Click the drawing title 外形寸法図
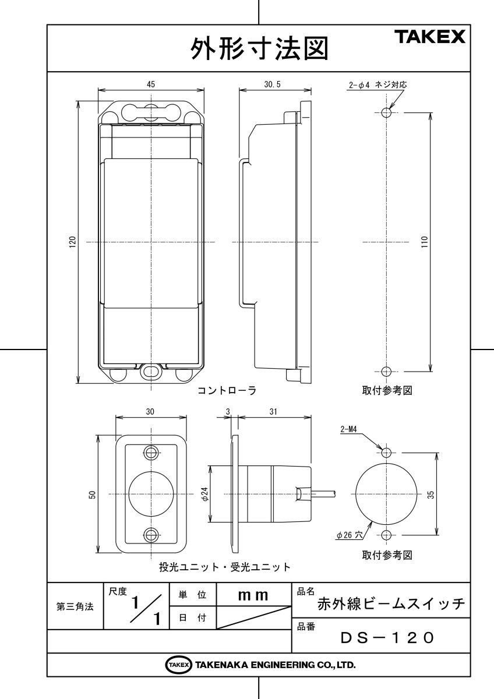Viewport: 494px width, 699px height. coord(259,49)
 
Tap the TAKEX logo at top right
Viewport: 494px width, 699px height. coord(431,37)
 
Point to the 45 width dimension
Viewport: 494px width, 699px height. coord(151,84)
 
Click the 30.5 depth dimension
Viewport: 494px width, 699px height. coord(272,84)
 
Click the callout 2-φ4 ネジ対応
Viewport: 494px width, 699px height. coord(376,85)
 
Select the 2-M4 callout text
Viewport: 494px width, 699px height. coord(349,431)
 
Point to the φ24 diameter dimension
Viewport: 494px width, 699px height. coord(204,494)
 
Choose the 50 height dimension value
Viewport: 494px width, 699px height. coord(92,494)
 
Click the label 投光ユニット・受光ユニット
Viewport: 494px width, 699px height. coord(225,566)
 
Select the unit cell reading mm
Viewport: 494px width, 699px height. coord(253,595)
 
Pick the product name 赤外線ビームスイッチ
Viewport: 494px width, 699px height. coord(391,604)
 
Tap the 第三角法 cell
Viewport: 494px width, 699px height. coord(75,606)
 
